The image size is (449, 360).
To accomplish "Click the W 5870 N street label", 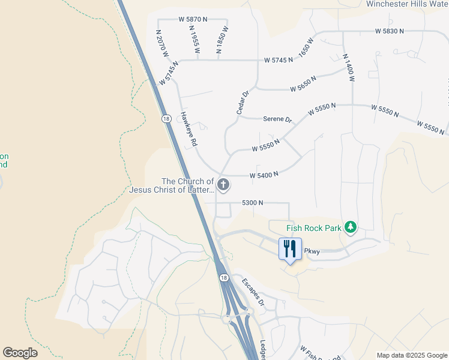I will coord(193,19).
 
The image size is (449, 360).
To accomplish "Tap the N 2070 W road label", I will coord(163,44).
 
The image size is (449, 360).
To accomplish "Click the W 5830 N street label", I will coord(391,31).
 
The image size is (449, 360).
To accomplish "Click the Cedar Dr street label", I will coord(242,103).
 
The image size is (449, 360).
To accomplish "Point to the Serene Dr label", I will coord(277,119).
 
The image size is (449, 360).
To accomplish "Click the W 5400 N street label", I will coord(264,175).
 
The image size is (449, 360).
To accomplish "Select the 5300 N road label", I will coord(253,203).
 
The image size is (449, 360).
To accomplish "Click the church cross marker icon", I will coord(223,184).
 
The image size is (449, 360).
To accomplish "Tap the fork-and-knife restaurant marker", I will coord(290,248).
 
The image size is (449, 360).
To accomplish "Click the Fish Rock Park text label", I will coord(313,227).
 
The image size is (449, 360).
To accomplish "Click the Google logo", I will coord(20,353).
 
